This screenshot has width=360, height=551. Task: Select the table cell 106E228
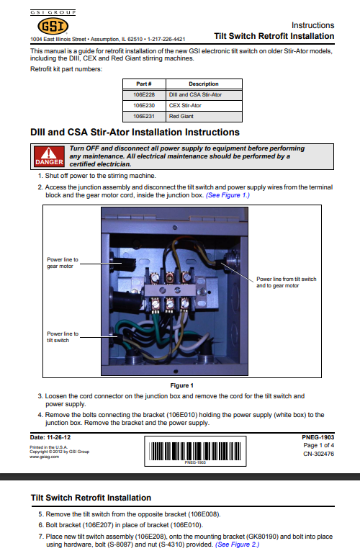(144, 94)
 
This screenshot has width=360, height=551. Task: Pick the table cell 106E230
(144, 105)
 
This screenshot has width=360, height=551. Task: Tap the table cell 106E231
(144, 115)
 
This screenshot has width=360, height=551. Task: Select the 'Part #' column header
(144, 84)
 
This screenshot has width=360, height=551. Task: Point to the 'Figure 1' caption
(181, 385)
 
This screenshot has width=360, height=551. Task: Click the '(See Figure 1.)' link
(228, 195)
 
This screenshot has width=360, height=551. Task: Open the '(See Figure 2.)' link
(237, 545)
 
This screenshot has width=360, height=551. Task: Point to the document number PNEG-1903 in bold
(318, 437)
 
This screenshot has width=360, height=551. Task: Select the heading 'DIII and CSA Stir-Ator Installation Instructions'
(135, 133)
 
